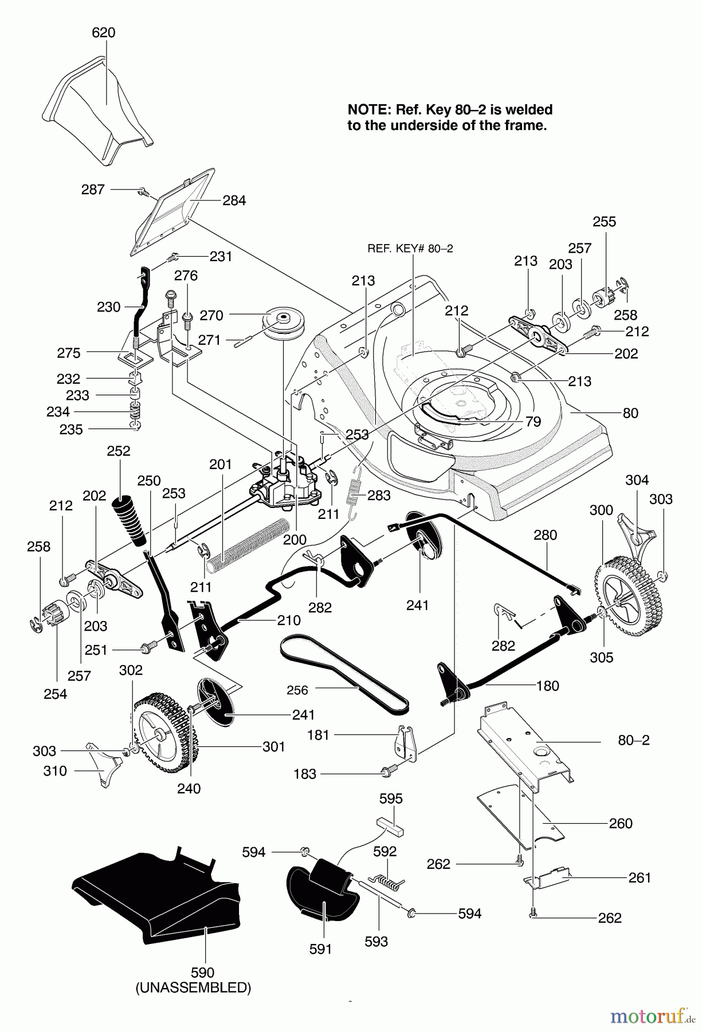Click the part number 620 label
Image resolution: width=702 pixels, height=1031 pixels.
click(x=104, y=33)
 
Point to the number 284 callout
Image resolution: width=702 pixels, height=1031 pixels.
click(x=234, y=200)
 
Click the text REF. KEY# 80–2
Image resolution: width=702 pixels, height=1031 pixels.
click(x=410, y=249)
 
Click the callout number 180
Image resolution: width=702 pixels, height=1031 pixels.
click(x=547, y=686)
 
